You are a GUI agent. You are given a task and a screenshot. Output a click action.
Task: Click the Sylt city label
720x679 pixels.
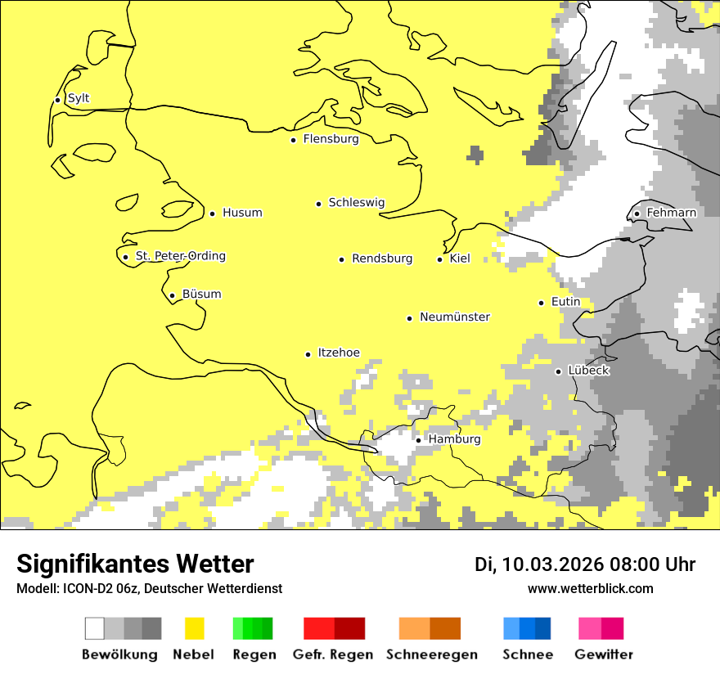click(x=79, y=99)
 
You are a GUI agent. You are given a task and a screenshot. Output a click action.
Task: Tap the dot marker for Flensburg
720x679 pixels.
click(x=294, y=140)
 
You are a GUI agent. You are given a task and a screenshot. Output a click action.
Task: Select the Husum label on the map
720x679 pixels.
click(x=242, y=214)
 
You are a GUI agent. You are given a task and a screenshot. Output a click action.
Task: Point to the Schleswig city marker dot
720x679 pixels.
click(x=319, y=204)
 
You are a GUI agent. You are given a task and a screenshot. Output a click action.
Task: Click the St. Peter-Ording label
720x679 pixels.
click(x=180, y=257)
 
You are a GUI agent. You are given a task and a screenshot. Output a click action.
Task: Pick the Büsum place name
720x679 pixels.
click(x=201, y=295)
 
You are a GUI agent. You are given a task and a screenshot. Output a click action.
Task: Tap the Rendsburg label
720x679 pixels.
click(x=381, y=259)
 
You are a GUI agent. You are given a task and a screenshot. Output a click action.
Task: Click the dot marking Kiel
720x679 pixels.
click(x=440, y=259)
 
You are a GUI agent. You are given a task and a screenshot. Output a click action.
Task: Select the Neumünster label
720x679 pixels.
click(x=455, y=317)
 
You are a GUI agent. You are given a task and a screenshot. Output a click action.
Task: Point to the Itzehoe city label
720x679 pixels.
click(x=338, y=353)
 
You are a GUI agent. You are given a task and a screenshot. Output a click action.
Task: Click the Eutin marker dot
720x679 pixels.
click(x=542, y=303)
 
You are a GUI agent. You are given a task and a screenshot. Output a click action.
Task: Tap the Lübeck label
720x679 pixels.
click(x=588, y=371)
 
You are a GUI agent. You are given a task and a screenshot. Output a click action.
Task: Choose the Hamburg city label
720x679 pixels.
click(x=454, y=440)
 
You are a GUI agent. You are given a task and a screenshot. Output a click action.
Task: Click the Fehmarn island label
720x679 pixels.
click(x=671, y=214)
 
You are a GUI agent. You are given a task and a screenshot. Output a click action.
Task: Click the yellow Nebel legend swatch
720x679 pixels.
click(x=194, y=628)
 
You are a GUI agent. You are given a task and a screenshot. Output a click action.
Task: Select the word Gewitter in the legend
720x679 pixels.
click(x=604, y=654)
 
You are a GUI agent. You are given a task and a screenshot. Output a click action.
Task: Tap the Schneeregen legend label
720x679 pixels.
click(x=432, y=654)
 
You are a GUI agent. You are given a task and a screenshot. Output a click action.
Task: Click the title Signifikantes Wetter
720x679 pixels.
click(x=135, y=564)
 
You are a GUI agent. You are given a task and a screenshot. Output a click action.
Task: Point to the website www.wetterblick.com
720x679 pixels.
click(x=590, y=589)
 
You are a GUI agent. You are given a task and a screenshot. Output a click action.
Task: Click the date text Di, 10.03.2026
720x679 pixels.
click(x=539, y=564)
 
